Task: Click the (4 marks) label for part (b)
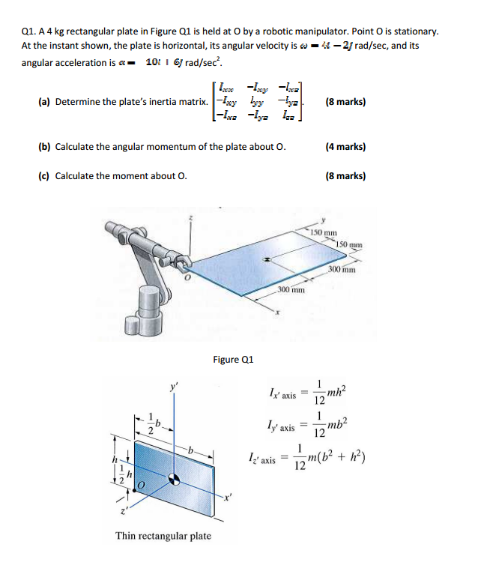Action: coord(345,147)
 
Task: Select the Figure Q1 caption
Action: coord(234,359)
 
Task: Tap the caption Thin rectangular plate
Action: coord(163,535)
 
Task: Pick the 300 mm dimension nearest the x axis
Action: coord(290,288)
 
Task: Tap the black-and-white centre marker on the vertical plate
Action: coord(174,478)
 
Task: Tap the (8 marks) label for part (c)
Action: coord(345,176)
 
